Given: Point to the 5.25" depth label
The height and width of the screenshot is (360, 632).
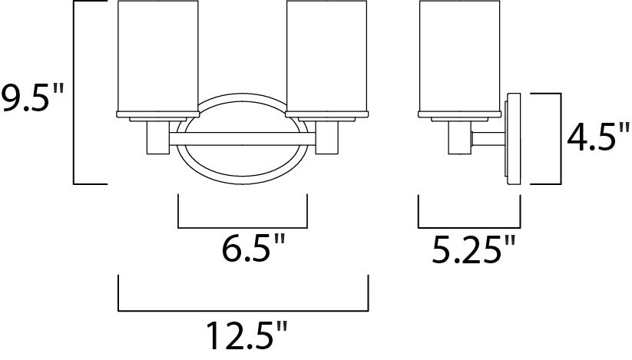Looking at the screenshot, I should [471, 251].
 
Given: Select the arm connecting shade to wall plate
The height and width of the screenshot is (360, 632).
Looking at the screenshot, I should [485, 139].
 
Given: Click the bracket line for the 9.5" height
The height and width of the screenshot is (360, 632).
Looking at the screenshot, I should [74, 92].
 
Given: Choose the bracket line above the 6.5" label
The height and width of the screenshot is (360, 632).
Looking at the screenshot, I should [243, 228].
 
